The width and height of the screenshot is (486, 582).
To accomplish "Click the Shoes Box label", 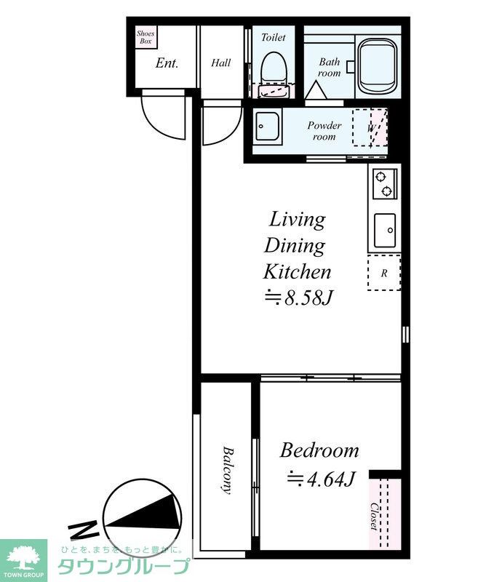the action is pos(146,37).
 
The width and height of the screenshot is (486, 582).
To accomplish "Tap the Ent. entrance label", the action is pos(167,63).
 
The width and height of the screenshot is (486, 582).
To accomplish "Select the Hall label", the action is pos(221,63).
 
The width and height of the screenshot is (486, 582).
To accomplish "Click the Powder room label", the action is pos(324,131).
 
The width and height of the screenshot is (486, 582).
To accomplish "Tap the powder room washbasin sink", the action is pos(267,126).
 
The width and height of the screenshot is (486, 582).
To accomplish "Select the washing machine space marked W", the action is pos(370,127).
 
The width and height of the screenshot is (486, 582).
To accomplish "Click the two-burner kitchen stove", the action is pos(385,184).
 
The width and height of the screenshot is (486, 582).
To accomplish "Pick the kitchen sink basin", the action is pos(385,230).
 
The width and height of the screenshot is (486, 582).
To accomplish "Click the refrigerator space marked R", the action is pos(384,273).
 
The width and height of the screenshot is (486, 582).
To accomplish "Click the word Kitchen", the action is pos(297,271).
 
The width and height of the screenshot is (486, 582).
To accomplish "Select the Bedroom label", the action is pos(319,450).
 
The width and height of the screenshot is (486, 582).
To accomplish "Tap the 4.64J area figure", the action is pos(322,479).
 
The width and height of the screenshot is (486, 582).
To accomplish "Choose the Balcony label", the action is pos(228,470).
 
